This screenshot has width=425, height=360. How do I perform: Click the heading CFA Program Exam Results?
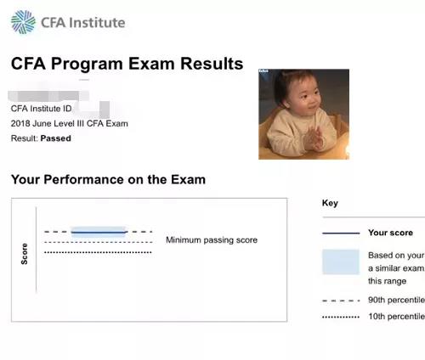click(x=127, y=64)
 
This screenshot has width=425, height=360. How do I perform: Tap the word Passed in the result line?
click(x=56, y=138)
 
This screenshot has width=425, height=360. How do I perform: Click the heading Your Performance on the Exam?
click(x=108, y=180)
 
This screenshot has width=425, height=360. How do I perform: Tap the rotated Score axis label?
click(x=24, y=254)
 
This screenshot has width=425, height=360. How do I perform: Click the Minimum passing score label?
click(x=211, y=240)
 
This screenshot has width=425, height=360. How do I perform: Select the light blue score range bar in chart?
click(x=99, y=231)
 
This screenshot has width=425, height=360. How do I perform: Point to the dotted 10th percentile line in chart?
click(x=98, y=252)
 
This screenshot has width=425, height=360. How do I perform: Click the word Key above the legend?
click(x=330, y=203)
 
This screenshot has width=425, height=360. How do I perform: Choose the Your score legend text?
click(x=390, y=233)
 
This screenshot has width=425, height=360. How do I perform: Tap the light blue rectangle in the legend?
click(x=340, y=262)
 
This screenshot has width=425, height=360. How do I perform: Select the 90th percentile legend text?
click(x=395, y=301)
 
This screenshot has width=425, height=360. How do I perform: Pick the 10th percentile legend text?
click(x=395, y=316)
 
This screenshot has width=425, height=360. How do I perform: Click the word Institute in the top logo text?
click(x=98, y=23)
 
